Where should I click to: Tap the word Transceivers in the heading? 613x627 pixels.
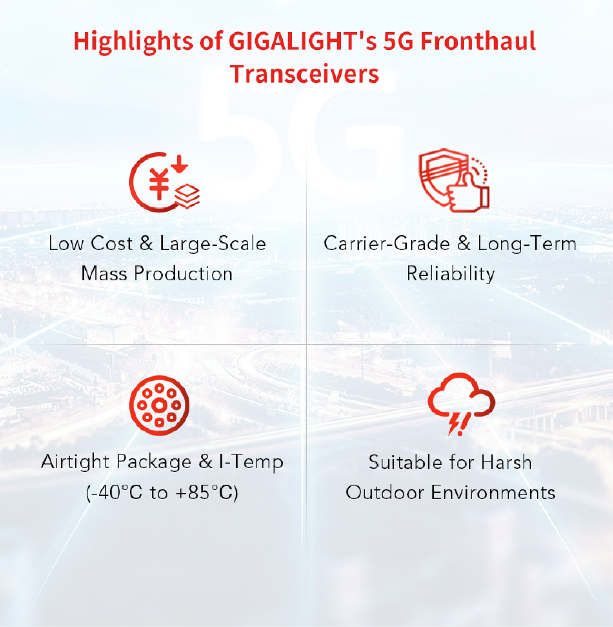305,74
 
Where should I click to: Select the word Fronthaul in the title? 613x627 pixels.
478,41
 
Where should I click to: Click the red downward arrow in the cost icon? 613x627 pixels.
180,164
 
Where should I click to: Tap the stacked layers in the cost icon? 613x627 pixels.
187,196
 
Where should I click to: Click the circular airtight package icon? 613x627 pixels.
159,405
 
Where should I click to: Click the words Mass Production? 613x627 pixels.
157,273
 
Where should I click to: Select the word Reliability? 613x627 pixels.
451,274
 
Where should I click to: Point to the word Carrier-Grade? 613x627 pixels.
387,244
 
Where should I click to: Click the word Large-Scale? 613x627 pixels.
213,244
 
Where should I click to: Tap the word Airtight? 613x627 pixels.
75,462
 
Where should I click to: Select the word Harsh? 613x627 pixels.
506,462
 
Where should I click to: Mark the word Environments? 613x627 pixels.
493,493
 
